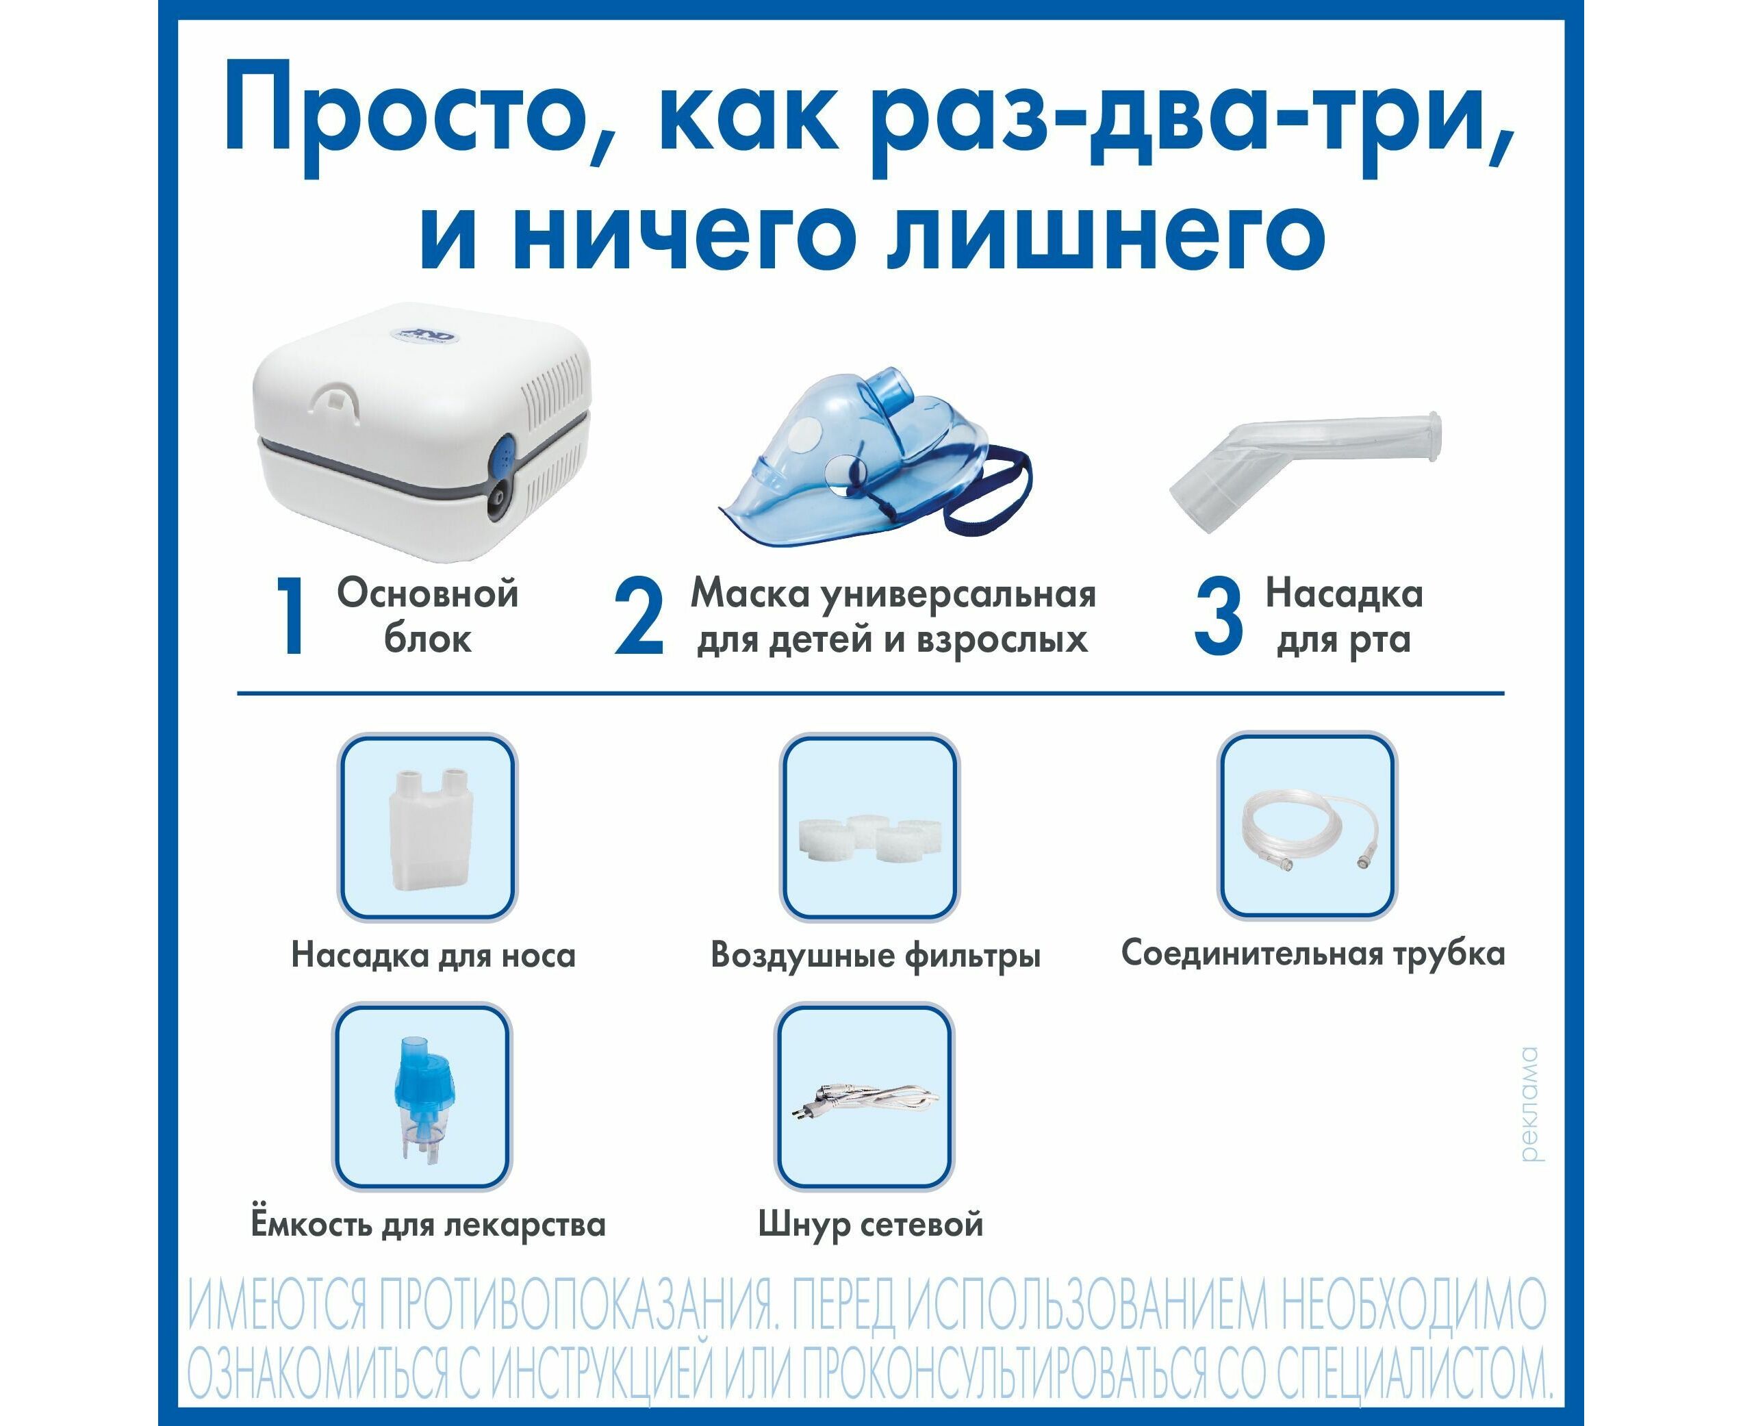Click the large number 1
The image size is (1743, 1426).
[x=291, y=616]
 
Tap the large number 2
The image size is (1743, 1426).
[x=638, y=616]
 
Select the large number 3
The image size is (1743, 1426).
[x=1218, y=616]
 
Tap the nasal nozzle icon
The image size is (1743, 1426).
[x=428, y=827]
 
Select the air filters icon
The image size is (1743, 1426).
[x=869, y=827]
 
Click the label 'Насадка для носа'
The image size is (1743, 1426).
[x=434, y=955]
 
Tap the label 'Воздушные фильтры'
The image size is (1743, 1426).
[x=876, y=955]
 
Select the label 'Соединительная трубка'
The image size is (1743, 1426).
[x=1312, y=954]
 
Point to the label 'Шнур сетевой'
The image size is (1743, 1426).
[x=871, y=1225]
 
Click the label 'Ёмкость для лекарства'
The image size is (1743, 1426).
[x=428, y=1225]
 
